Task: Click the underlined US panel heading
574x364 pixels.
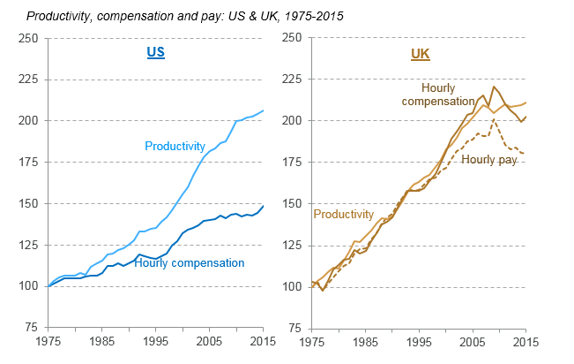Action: [x=155, y=53]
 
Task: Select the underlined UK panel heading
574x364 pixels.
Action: [x=421, y=54]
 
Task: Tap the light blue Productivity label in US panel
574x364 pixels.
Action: [x=175, y=146]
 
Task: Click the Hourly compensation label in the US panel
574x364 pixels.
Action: [x=189, y=263]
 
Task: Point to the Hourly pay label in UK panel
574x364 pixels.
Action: [x=488, y=159]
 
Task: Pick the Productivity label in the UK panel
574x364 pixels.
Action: [x=344, y=215]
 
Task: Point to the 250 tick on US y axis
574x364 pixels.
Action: [x=27, y=38]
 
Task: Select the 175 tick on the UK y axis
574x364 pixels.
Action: [x=292, y=163]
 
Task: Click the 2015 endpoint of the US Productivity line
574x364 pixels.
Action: [x=263, y=110]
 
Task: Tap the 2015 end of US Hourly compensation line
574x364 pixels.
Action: [x=263, y=206]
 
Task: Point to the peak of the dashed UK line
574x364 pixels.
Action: [x=495, y=119]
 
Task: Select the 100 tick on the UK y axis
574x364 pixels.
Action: [x=292, y=286]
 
